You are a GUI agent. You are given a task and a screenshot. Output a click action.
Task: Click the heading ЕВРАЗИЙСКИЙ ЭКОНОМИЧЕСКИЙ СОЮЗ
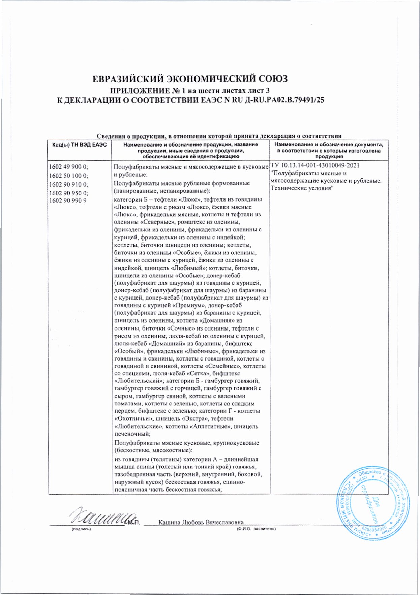point(190,79)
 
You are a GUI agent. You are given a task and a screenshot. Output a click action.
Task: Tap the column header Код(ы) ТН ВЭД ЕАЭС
point(79,145)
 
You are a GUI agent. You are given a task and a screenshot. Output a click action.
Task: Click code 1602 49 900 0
point(68,167)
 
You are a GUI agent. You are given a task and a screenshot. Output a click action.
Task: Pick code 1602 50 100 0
point(68,176)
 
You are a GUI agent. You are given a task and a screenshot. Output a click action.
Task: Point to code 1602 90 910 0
point(68,184)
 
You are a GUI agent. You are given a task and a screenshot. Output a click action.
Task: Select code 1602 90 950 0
point(68,193)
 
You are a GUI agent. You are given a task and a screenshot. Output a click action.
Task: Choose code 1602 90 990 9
point(67,201)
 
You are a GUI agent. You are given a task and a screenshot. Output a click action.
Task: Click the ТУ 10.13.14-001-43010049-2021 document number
point(315,166)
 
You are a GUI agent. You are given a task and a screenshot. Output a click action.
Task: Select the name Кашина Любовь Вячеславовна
point(201,522)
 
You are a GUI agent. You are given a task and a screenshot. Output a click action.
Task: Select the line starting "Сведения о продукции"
point(219,136)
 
